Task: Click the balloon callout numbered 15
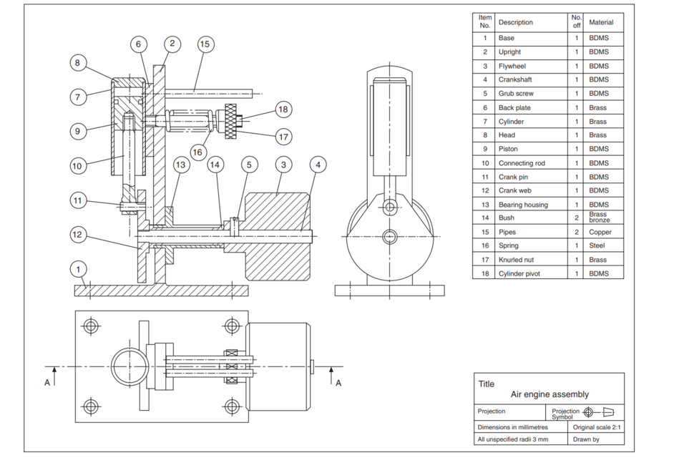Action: tap(205, 44)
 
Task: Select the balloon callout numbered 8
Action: tap(80, 63)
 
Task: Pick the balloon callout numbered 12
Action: tap(80, 234)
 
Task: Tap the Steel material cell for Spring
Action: tap(598, 245)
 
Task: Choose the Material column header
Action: tap(601, 22)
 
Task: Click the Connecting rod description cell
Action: tap(521, 163)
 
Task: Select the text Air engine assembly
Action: tap(549, 394)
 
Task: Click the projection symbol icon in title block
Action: tap(597, 411)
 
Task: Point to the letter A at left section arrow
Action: tap(47, 383)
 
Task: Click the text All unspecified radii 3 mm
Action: tap(513, 439)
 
